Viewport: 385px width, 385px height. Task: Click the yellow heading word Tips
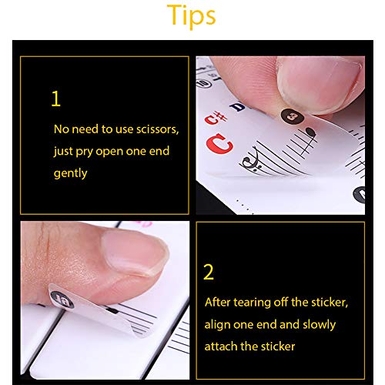coord(192,16)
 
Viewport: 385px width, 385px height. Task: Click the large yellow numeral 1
coord(55,100)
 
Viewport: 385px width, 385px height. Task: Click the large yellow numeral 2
coord(208,273)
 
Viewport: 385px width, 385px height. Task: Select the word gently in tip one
coord(70,172)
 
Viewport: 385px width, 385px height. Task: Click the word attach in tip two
coord(221,346)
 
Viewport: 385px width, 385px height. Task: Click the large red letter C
coord(222,143)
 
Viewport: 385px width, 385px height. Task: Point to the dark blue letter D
coord(238,106)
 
